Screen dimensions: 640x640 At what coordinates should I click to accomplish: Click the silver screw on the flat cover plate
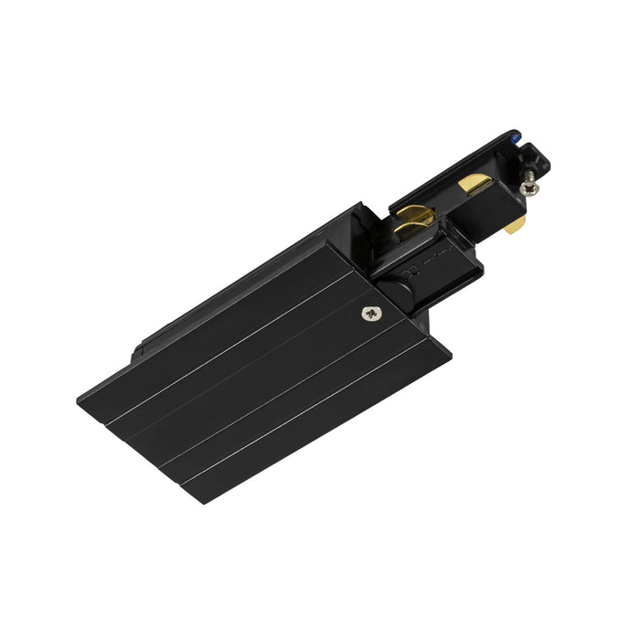[x=372, y=315]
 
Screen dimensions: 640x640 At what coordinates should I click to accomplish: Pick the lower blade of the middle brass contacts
[x=415, y=240]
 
